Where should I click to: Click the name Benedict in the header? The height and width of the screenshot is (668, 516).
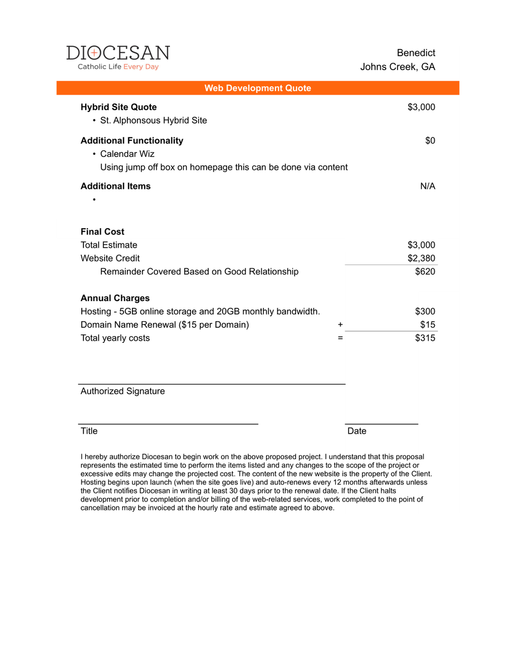[416, 53]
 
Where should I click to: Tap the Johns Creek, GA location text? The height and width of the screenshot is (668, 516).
[397, 67]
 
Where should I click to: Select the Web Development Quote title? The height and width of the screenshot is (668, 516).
[258, 88]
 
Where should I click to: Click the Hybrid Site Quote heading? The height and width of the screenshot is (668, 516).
[119, 107]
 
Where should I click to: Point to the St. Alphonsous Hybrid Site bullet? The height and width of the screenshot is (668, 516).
[153, 120]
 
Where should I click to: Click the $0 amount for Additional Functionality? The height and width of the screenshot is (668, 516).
[430, 140]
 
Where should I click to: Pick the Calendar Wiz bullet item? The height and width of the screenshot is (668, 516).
[127, 154]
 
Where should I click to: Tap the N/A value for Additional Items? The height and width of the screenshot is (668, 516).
[427, 186]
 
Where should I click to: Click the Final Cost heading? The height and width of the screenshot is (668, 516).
[102, 232]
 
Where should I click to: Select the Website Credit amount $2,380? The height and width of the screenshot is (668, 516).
[421, 258]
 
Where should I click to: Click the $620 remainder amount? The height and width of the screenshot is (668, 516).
[425, 272]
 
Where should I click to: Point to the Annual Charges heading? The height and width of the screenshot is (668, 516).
[115, 298]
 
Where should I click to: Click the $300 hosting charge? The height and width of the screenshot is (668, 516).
[425, 311]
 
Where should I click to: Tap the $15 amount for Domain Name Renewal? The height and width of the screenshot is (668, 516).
[427, 325]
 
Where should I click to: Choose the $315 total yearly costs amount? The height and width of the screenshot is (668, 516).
[425, 338]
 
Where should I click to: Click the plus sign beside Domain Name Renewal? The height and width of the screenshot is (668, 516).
[340, 325]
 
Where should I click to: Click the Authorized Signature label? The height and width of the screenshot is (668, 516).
[122, 391]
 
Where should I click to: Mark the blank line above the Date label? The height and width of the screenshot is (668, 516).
[381, 424]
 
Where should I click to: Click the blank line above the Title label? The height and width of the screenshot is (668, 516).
[168, 424]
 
